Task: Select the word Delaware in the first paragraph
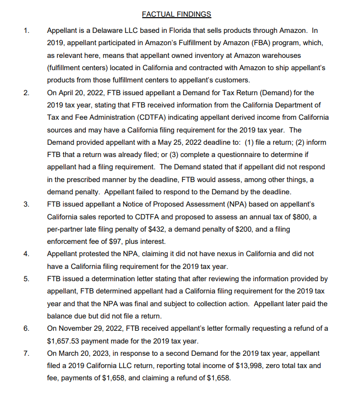[x=103, y=30]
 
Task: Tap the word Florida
[x=172, y=30]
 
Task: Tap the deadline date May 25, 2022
[x=175, y=142]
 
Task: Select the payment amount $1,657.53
[x=67, y=341]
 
